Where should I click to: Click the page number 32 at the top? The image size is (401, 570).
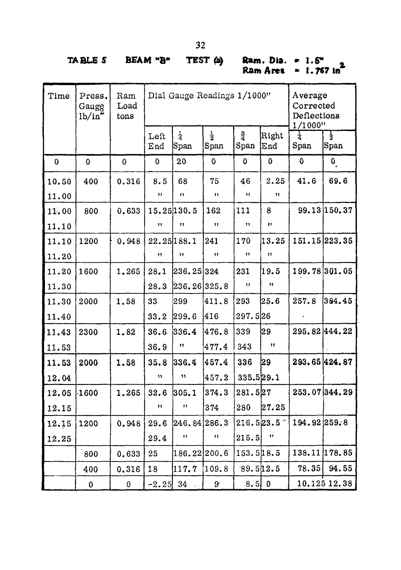click(201, 45)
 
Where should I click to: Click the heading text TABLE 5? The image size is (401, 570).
click(87, 61)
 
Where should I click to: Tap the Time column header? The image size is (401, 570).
click(59, 96)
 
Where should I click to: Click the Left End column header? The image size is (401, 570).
click(157, 141)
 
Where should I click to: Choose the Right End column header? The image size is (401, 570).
click(272, 141)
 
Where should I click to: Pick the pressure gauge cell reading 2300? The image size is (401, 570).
click(89, 332)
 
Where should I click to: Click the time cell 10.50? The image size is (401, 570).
click(59, 181)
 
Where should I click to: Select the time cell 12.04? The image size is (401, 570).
click(59, 378)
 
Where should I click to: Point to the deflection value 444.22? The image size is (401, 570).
click(339, 332)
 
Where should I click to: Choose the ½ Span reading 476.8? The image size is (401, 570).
click(217, 332)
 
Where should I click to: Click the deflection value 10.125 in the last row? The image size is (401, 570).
click(311, 484)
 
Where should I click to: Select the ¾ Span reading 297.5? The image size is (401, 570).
click(246, 317)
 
